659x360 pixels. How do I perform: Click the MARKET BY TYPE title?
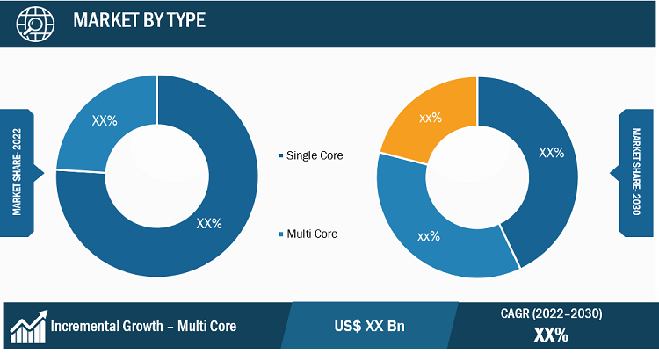[x=139, y=20]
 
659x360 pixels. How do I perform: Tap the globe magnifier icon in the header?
[x=35, y=24]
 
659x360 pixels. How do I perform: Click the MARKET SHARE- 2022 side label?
[x=17, y=172]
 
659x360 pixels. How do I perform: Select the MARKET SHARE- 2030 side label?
[x=636, y=172]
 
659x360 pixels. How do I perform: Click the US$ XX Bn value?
[x=369, y=326]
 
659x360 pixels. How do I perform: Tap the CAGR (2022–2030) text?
[x=552, y=313]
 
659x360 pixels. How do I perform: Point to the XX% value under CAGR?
[x=552, y=335]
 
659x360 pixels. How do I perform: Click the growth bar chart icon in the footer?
[x=29, y=327]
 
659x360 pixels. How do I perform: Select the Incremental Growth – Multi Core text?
[x=143, y=326]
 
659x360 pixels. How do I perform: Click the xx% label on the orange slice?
[x=431, y=118]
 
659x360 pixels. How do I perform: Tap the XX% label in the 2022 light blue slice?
[x=105, y=121]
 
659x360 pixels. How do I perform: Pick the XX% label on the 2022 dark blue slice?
[x=209, y=224]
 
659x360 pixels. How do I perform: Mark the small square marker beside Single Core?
[x=281, y=155]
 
